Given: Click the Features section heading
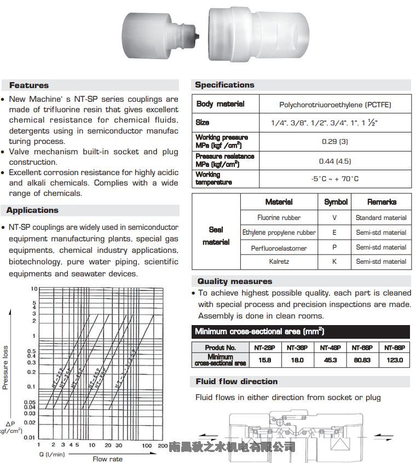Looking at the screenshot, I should click(x=29, y=85).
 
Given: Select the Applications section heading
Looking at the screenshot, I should click(x=32, y=210).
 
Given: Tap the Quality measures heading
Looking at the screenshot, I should click(x=234, y=281).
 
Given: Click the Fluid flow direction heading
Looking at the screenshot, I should click(x=236, y=381).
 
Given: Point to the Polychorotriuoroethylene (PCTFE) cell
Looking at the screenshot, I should click(x=335, y=105).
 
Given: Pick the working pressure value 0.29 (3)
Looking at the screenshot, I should click(x=335, y=141).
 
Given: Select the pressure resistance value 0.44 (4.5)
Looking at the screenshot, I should click(x=335, y=161).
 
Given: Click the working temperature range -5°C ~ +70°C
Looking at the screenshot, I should click(x=335, y=178).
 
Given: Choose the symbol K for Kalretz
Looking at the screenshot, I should click(x=335, y=262).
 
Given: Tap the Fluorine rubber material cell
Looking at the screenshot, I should click(x=279, y=218).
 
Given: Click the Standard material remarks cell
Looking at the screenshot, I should click(x=381, y=218).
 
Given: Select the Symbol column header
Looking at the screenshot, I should click(x=336, y=202).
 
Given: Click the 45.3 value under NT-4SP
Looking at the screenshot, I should click(x=330, y=360).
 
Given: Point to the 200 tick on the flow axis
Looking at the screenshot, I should click(x=163, y=446).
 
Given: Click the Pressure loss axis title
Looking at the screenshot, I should click(x=5, y=367).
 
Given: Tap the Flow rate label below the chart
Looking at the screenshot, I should click(x=108, y=459).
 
